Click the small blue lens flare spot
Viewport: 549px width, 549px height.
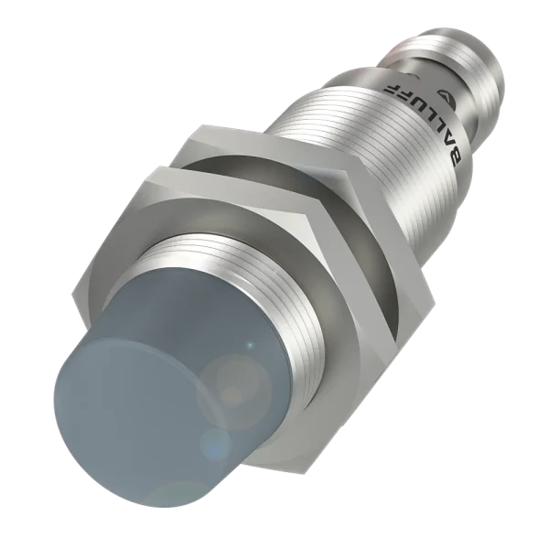coord(214,444)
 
